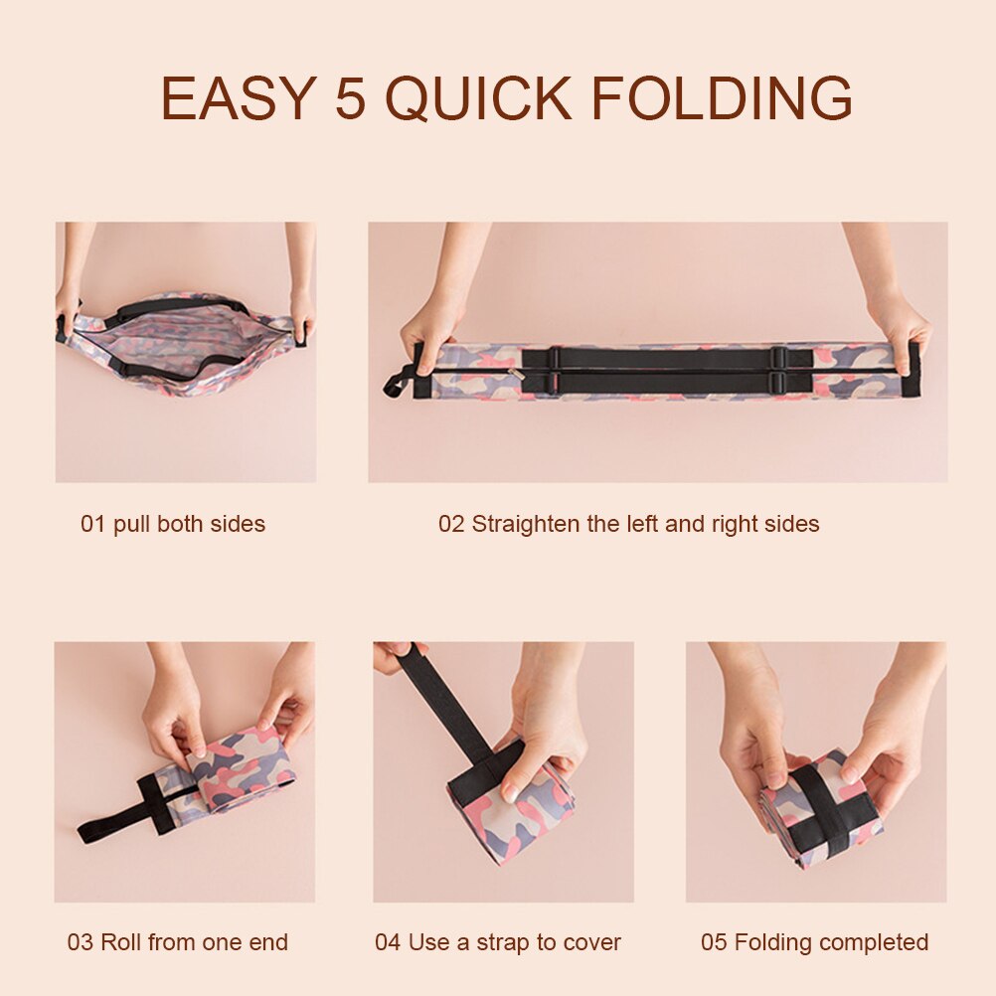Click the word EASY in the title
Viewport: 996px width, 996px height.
click(239, 97)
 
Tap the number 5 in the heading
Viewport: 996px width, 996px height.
click(351, 97)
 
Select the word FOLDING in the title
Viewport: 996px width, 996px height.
click(723, 97)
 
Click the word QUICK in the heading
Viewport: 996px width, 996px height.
click(479, 98)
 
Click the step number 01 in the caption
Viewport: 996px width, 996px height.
click(92, 524)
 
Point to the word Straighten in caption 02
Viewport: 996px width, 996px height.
click(525, 524)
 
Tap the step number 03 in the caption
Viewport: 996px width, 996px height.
click(81, 942)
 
